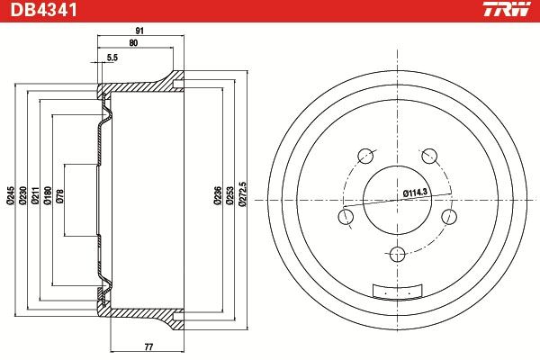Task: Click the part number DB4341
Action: [x=44, y=10]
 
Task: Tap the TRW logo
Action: [x=507, y=9]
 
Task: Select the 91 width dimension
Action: [x=139, y=31]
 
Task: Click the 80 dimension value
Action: [x=133, y=43]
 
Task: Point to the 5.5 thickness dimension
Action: [x=112, y=58]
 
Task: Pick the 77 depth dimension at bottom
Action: [x=148, y=346]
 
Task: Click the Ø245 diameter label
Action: [x=11, y=195]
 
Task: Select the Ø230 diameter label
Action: [x=23, y=195]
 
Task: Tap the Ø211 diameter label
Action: [x=35, y=195]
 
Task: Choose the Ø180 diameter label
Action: [x=48, y=195]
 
